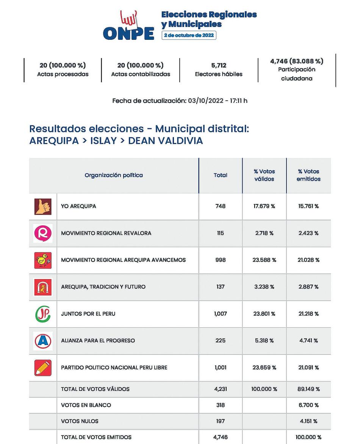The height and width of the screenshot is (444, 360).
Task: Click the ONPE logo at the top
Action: tap(129, 27)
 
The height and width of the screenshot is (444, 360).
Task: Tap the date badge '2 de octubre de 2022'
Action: tap(189, 35)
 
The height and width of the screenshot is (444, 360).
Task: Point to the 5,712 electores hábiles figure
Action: tap(219, 66)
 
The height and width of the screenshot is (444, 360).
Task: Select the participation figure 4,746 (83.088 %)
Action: tap(297, 61)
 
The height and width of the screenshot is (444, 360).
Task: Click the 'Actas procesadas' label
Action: tap(63, 74)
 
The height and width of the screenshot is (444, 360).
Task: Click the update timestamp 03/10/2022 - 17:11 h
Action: tap(218, 101)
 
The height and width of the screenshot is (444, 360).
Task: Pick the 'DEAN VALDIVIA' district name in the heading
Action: tap(166, 141)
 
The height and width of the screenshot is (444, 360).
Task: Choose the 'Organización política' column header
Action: tap(114, 175)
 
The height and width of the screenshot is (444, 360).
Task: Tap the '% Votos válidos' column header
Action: tap(264, 175)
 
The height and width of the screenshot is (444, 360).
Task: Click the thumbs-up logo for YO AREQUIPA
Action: tap(43, 207)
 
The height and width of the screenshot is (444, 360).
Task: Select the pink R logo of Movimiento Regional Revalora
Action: tap(43, 233)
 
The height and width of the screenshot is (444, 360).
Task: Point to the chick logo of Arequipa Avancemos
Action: tap(43, 260)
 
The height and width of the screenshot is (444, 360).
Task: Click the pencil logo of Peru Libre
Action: tap(43, 368)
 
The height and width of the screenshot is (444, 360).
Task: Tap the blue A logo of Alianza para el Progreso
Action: tap(43, 341)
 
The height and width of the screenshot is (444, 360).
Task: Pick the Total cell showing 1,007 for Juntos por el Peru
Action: tap(220, 314)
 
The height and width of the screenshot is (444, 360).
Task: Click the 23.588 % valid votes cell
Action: tap(265, 260)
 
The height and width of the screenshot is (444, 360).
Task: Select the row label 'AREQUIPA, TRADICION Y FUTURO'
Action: tap(103, 287)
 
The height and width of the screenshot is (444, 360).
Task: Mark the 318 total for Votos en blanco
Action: tap(220, 405)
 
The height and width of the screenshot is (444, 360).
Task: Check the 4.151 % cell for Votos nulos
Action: tap(308, 421)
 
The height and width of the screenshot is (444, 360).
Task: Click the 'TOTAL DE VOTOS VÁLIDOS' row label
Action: tap(95, 389)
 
